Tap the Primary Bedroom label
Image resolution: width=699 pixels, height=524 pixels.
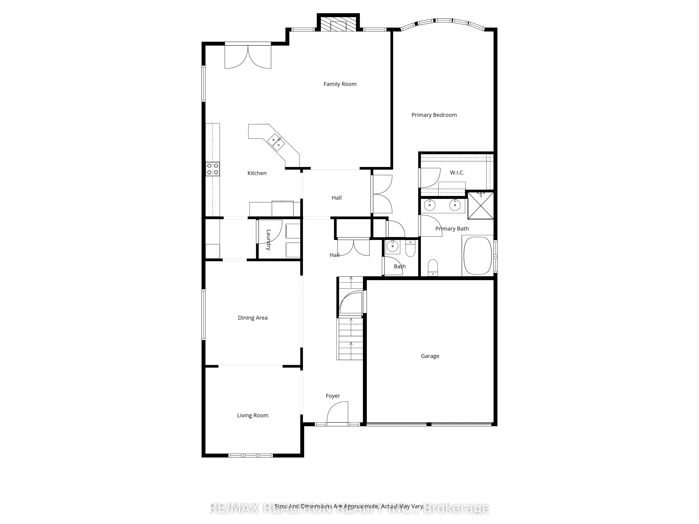pyautogui.click(x=434, y=115)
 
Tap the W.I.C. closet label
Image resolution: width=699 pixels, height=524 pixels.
pyautogui.click(x=457, y=172)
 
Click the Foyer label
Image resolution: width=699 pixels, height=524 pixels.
pyautogui.click(x=333, y=396)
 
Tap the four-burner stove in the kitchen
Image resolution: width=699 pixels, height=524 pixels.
pyautogui.click(x=213, y=169)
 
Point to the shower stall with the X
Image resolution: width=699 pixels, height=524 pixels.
pyautogui.click(x=480, y=205)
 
